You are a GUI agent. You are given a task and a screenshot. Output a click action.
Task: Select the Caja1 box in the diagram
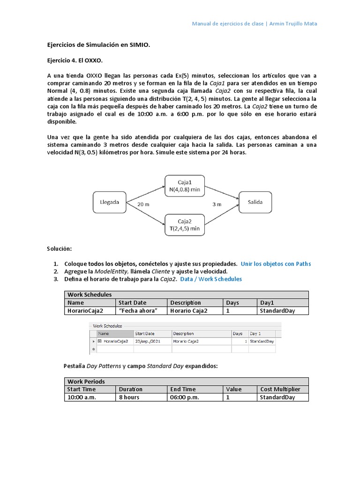click(x=184, y=185)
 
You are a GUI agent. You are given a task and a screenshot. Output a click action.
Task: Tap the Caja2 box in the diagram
click(x=184, y=224)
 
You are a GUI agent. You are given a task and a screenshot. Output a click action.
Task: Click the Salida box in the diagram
click(x=255, y=202)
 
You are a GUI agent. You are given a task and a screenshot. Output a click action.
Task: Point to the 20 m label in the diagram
click(x=144, y=204)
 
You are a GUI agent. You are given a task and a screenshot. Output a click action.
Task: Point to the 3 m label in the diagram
click(x=216, y=204)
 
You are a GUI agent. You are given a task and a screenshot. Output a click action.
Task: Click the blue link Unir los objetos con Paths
click(x=276, y=264)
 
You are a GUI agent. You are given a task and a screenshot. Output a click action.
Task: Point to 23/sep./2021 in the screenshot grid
click(x=147, y=341)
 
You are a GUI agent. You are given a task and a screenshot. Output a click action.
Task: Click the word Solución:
click(x=60, y=248)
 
